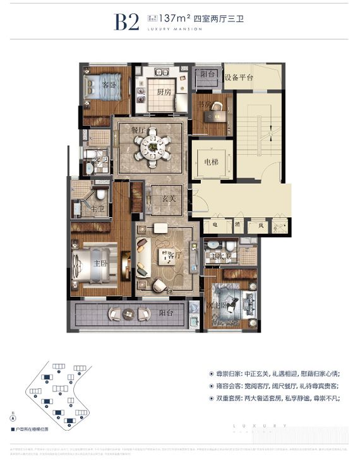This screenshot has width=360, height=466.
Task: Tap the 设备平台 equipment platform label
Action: click(237, 77)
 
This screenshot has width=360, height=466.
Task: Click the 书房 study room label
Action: click(203, 105)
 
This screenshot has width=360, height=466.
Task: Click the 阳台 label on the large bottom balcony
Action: click(166, 312)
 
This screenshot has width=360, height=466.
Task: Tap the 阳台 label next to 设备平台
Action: click(208, 74)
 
